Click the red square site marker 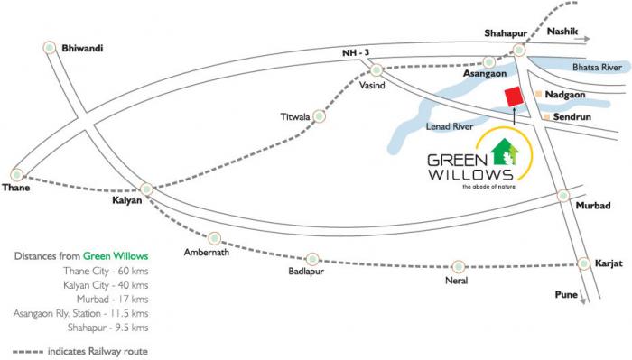point(513,97)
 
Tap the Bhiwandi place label point(82,47)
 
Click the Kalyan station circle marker point(146,189)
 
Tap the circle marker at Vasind point(376,69)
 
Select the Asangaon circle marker point(488,62)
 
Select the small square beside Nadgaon point(538,94)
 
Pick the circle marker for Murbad point(563,195)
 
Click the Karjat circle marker point(584,263)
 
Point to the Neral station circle point(459,266)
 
